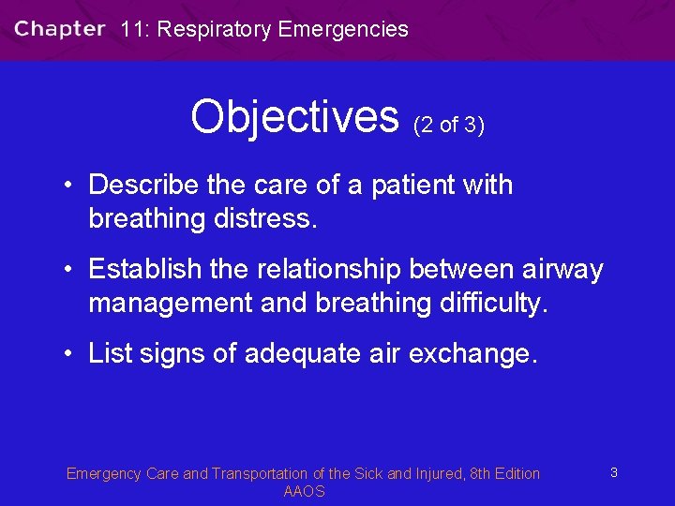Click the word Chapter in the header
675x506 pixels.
tap(59, 29)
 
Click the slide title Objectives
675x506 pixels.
tap(294, 117)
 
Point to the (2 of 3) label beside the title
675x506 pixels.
tap(448, 125)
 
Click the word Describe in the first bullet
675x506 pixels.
tap(143, 185)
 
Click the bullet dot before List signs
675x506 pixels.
tap(70, 354)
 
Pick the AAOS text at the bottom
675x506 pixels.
tap(304, 492)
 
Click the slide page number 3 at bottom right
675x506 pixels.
tap(613, 472)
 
